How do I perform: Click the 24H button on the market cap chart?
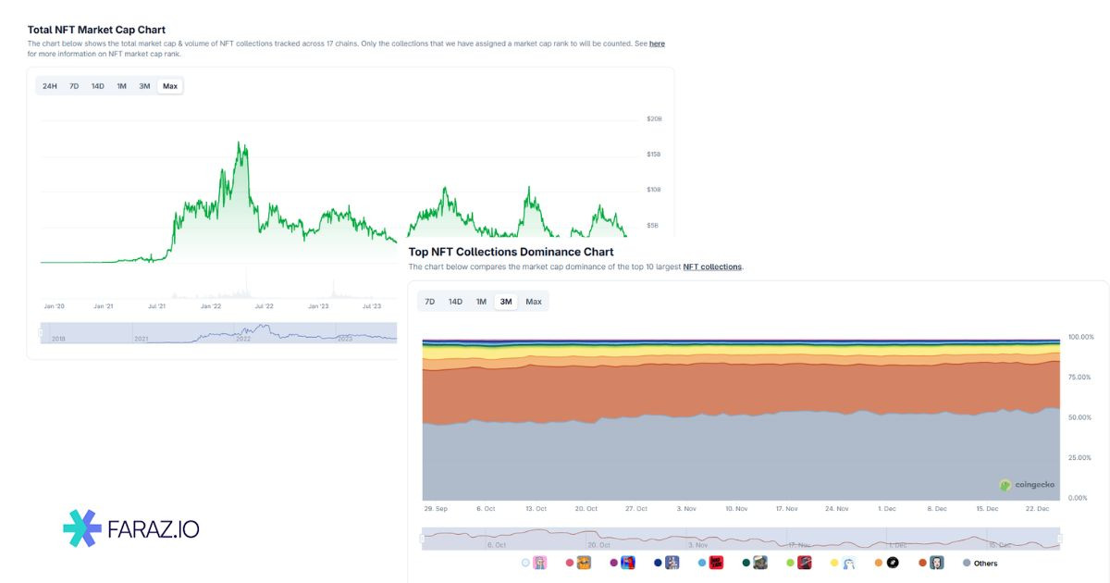tap(50, 86)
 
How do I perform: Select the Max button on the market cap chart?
tap(169, 86)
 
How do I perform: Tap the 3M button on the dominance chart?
tap(506, 302)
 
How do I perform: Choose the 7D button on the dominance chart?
tap(430, 302)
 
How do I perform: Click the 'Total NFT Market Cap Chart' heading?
tap(96, 30)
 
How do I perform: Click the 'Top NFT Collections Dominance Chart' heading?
tap(511, 252)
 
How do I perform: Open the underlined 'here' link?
tap(657, 43)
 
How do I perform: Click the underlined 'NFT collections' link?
tap(712, 267)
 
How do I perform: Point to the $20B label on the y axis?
tap(654, 119)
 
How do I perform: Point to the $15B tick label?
tap(654, 155)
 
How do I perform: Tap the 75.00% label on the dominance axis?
tap(1080, 378)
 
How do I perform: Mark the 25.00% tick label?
tap(1080, 458)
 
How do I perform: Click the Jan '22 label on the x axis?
tap(211, 306)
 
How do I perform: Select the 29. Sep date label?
tap(436, 509)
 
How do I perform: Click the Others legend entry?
tap(980, 563)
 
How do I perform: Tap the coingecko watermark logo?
tap(1027, 484)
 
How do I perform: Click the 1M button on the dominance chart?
tap(481, 302)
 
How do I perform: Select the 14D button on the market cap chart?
tap(97, 86)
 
